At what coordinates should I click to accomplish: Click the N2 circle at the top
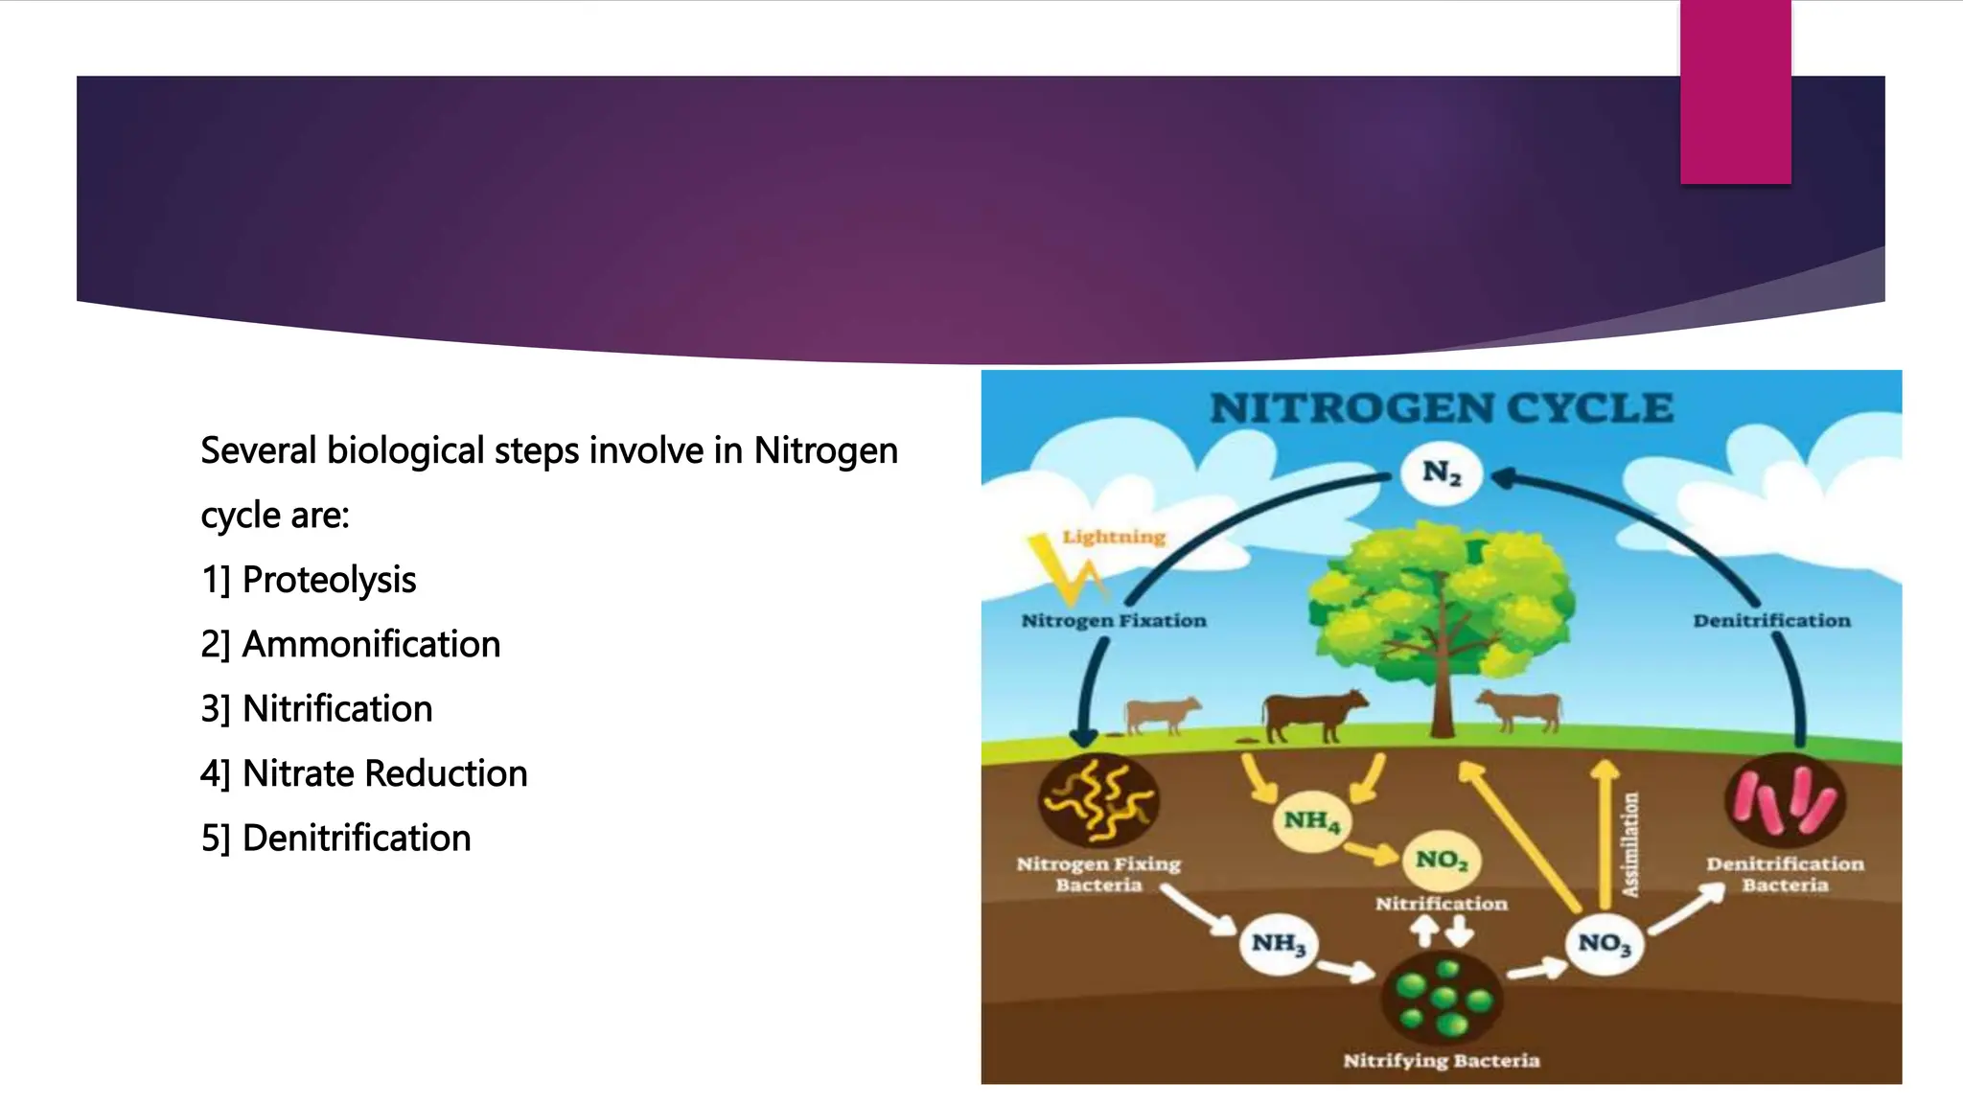coord(1441,472)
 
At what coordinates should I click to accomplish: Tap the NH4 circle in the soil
coord(1311,821)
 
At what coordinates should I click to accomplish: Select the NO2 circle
coord(1442,860)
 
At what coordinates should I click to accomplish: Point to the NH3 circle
coord(1278,944)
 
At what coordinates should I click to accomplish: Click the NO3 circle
coord(1605,944)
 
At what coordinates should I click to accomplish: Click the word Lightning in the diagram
coord(1114,537)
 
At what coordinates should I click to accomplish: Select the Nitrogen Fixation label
coord(1114,621)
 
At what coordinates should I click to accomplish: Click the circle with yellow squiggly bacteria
coord(1098,798)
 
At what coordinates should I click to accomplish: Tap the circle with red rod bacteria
coord(1785,800)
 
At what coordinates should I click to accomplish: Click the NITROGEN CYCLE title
coord(1441,409)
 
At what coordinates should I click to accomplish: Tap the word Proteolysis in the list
coord(329,580)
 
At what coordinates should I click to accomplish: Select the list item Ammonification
coord(371,644)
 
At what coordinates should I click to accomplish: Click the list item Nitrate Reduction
coord(384,773)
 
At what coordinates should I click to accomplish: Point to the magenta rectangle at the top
coord(1735,92)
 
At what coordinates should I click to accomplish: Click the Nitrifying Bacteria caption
coord(1441,1061)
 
